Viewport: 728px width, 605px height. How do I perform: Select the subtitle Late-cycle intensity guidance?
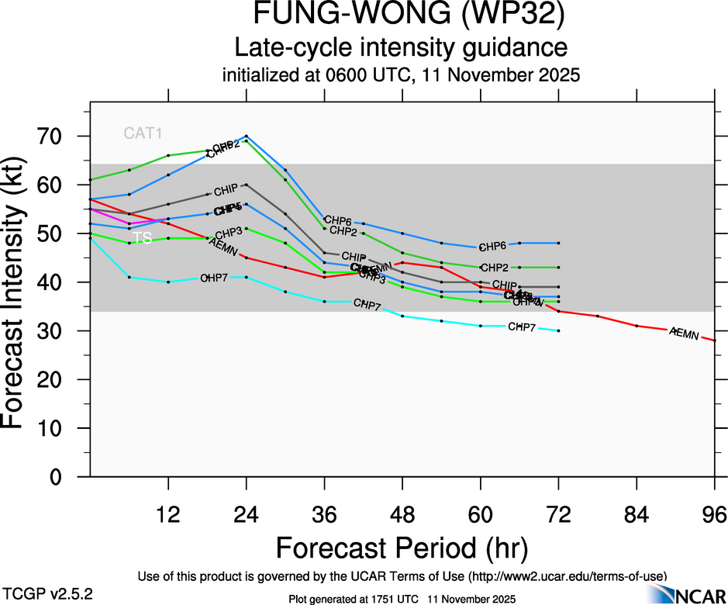coord(401,48)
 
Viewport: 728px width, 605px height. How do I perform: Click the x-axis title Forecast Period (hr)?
coord(401,548)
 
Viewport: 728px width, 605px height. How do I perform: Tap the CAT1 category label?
coord(143,133)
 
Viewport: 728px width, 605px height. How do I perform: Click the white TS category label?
coord(143,238)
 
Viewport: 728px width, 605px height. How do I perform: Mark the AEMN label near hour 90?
coord(684,333)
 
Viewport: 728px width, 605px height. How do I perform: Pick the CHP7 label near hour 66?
coord(522,327)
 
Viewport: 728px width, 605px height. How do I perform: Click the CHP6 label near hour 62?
coord(492,247)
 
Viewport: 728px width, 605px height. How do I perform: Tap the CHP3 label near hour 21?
coord(229,233)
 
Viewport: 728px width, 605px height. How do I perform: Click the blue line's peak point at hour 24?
coord(247,137)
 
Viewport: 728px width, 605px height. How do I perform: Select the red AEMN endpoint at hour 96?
coord(714,341)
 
